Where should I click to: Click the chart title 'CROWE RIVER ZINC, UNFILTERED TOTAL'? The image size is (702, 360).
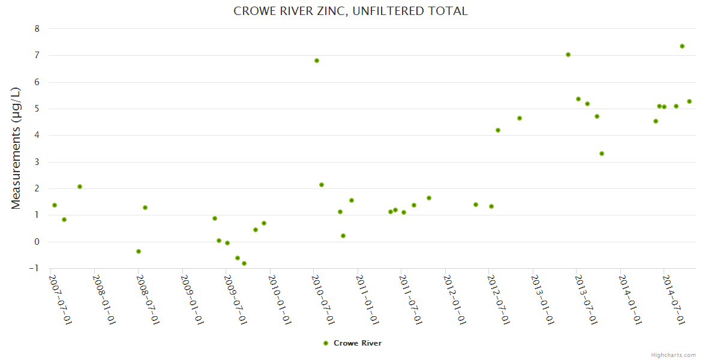tap(350, 11)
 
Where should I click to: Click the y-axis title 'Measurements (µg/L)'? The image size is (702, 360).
tap(16, 148)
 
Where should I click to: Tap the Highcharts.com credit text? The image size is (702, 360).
tap(673, 355)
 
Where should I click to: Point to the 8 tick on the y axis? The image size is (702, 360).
tap(37, 29)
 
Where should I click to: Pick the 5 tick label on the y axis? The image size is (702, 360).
tap(37, 109)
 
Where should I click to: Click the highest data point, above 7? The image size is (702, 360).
tap(682, 46)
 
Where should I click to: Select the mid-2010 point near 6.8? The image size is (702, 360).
tap(317, 61)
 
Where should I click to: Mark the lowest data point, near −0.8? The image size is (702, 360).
tap(244, 263)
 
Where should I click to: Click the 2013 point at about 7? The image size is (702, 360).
tap(568, 55)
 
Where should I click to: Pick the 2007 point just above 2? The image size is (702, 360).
tap(80, 187)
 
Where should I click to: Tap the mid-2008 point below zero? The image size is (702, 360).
tap(139, 251)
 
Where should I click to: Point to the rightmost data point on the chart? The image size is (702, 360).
tap(689, 101)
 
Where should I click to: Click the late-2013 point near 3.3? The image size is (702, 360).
tap(602, 154)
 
